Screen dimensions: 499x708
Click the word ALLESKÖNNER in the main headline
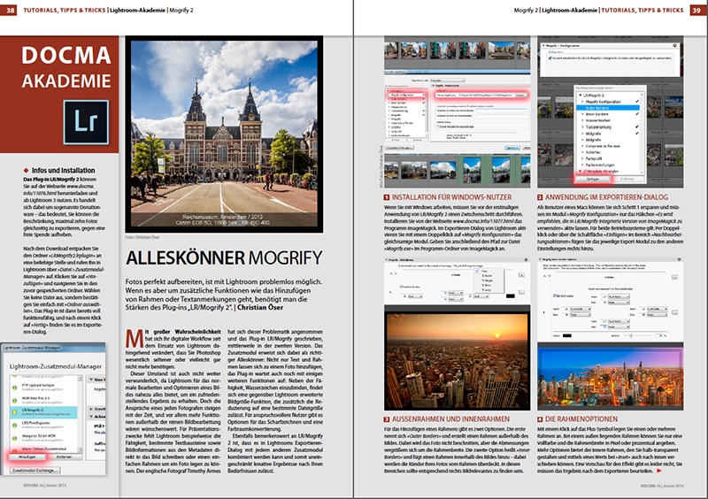point(183,258)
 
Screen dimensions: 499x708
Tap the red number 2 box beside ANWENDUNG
point(541,196)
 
